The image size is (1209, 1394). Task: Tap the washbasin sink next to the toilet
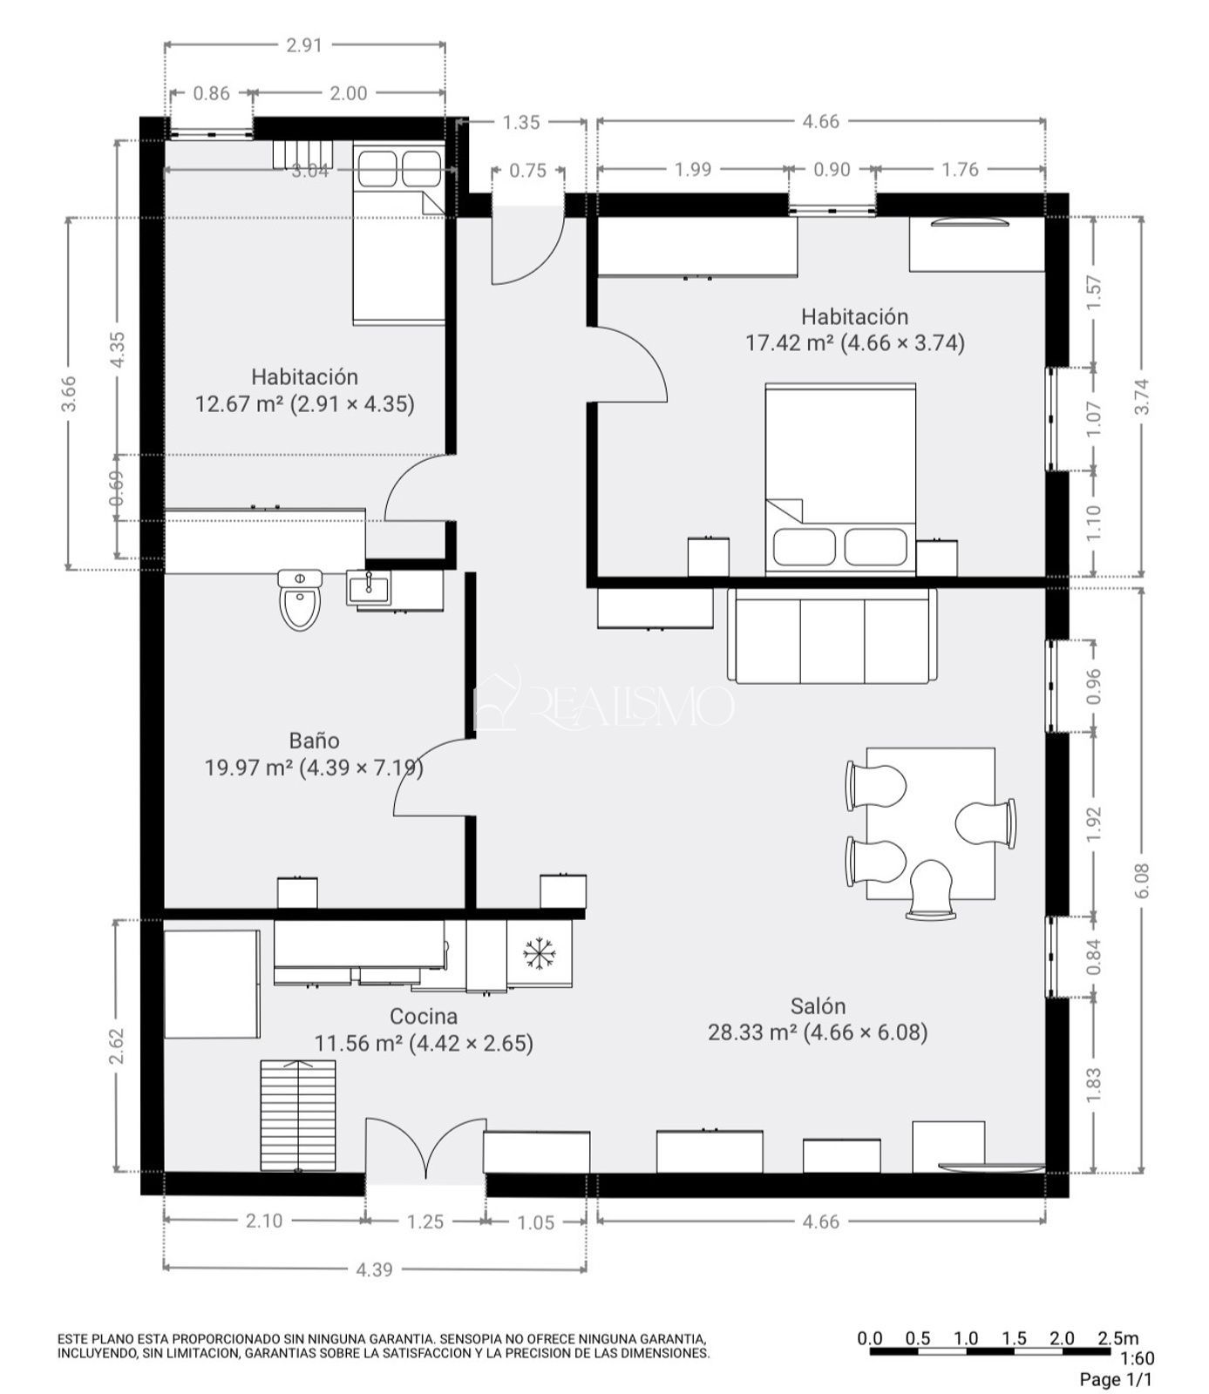coord(369,588)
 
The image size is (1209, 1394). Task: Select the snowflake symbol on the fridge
coord(540,954)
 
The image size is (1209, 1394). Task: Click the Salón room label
coord(818,1006)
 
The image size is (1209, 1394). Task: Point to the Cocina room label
coord(424,1017)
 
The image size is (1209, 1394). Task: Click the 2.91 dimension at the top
coord(304,45)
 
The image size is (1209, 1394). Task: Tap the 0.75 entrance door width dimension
coord(528,171)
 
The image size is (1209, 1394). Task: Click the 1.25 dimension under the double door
coord(425,1222)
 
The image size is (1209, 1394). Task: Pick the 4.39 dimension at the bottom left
coord(374,1270)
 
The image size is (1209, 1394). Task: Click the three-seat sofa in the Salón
coord(832,635)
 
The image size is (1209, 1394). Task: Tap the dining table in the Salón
coord(930,823)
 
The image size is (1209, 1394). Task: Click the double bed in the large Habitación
coord(840,479)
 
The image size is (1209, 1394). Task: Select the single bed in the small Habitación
coord(399,234)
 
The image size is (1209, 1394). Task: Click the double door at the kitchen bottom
coord(425,1151)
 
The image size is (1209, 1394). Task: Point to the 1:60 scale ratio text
coord(1137,1358)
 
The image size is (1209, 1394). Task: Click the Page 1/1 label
coord(1116,1379)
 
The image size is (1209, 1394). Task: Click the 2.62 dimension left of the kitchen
coord(118,1046)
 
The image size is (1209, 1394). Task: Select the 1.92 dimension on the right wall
coord(1096,824)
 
